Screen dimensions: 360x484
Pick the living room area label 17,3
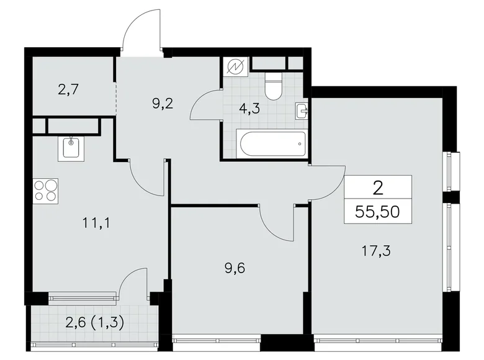pyautogui.click(x=377, y=251)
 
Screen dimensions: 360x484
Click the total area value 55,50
pyautogui.click(x=378, y=212)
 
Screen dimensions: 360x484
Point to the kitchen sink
pyautogui.click(x=72, y=148)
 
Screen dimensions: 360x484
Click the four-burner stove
pyautogui.click(x=45, y=189)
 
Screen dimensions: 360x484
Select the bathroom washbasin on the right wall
pyautogui.click(x=303, y=110)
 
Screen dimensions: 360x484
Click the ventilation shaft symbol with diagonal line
pyautogui.click(x=236, y=66)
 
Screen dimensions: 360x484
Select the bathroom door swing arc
pyautogui.click(x=204, y=105)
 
